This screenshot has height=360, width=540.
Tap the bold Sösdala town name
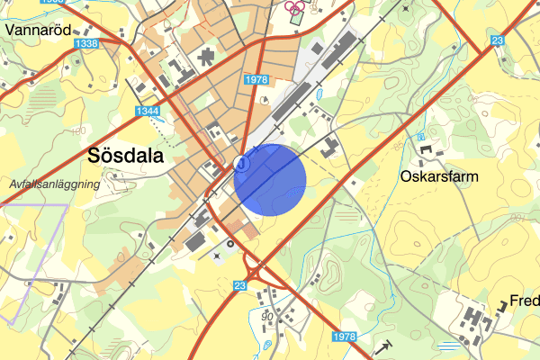pos(125,155)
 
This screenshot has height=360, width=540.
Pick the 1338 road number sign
pos(87,43)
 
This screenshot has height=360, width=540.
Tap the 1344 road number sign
pos(144,111)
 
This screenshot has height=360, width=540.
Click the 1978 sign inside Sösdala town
pos(256,80)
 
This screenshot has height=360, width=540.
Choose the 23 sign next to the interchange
pos(238,285)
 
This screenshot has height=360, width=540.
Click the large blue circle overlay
pos(270,177)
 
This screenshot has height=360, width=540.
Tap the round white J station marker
pos(240,162)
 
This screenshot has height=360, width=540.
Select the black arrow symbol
pos(384,346)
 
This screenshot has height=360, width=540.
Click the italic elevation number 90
pos(267,316)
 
